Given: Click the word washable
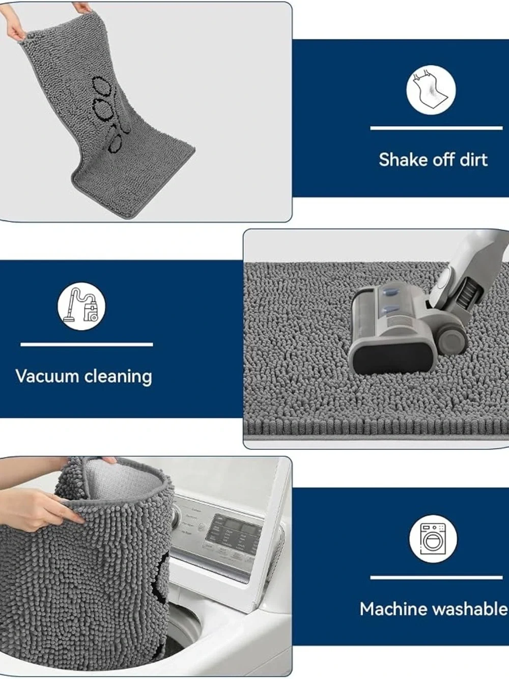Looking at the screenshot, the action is coord(470,609).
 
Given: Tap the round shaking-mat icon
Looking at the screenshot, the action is coord(431,90).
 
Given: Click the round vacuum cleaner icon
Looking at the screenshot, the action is coord(81,306).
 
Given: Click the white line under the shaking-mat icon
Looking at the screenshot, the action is coord(436,128).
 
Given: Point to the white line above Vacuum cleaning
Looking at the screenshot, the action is coord(87,344).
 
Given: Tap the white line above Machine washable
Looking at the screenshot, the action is coord(436,577).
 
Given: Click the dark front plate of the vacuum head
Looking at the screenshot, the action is coord(392,361).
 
